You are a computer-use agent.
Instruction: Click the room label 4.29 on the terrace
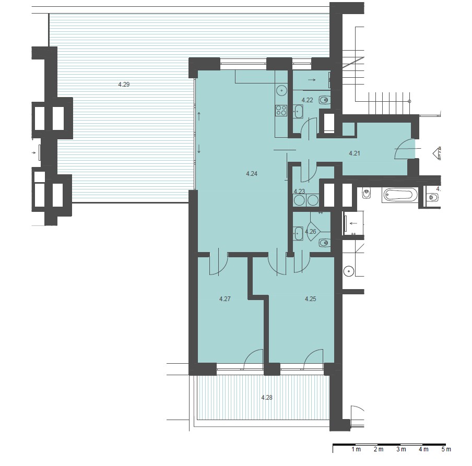[x=124, y=85]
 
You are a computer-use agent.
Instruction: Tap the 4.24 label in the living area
[x=252, y=174]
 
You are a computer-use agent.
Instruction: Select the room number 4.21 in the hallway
[x=355, y=153]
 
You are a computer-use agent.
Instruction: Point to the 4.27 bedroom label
[x=225, y=299]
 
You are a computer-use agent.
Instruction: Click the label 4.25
[x=310, y=299]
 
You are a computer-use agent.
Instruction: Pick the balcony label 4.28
[x=267, y=398]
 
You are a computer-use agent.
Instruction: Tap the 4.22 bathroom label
[x=308, y=100]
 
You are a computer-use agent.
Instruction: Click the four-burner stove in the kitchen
[x=281, y=111]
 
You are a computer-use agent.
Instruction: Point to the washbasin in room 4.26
[x=298, y=233]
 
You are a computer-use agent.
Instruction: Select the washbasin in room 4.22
[x=298, y=111]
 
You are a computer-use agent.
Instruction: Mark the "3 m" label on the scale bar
[x=401, y=449]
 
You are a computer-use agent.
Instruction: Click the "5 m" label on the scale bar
[x=446, y=449]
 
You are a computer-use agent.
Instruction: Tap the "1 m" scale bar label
[x=356, y=449]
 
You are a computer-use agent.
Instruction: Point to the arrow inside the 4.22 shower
[x=312, y=80]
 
